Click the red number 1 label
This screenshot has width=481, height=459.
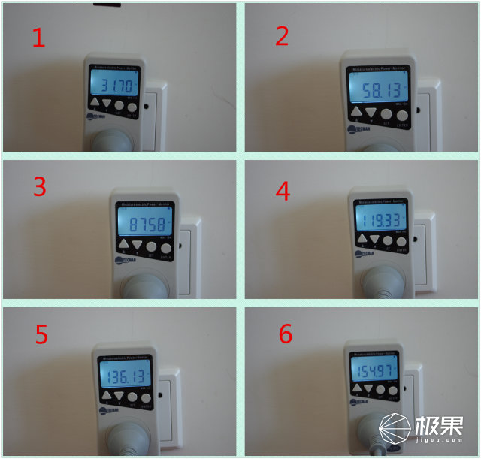click(x=36, y=38)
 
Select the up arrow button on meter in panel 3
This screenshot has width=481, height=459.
click(x=123, y=246)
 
